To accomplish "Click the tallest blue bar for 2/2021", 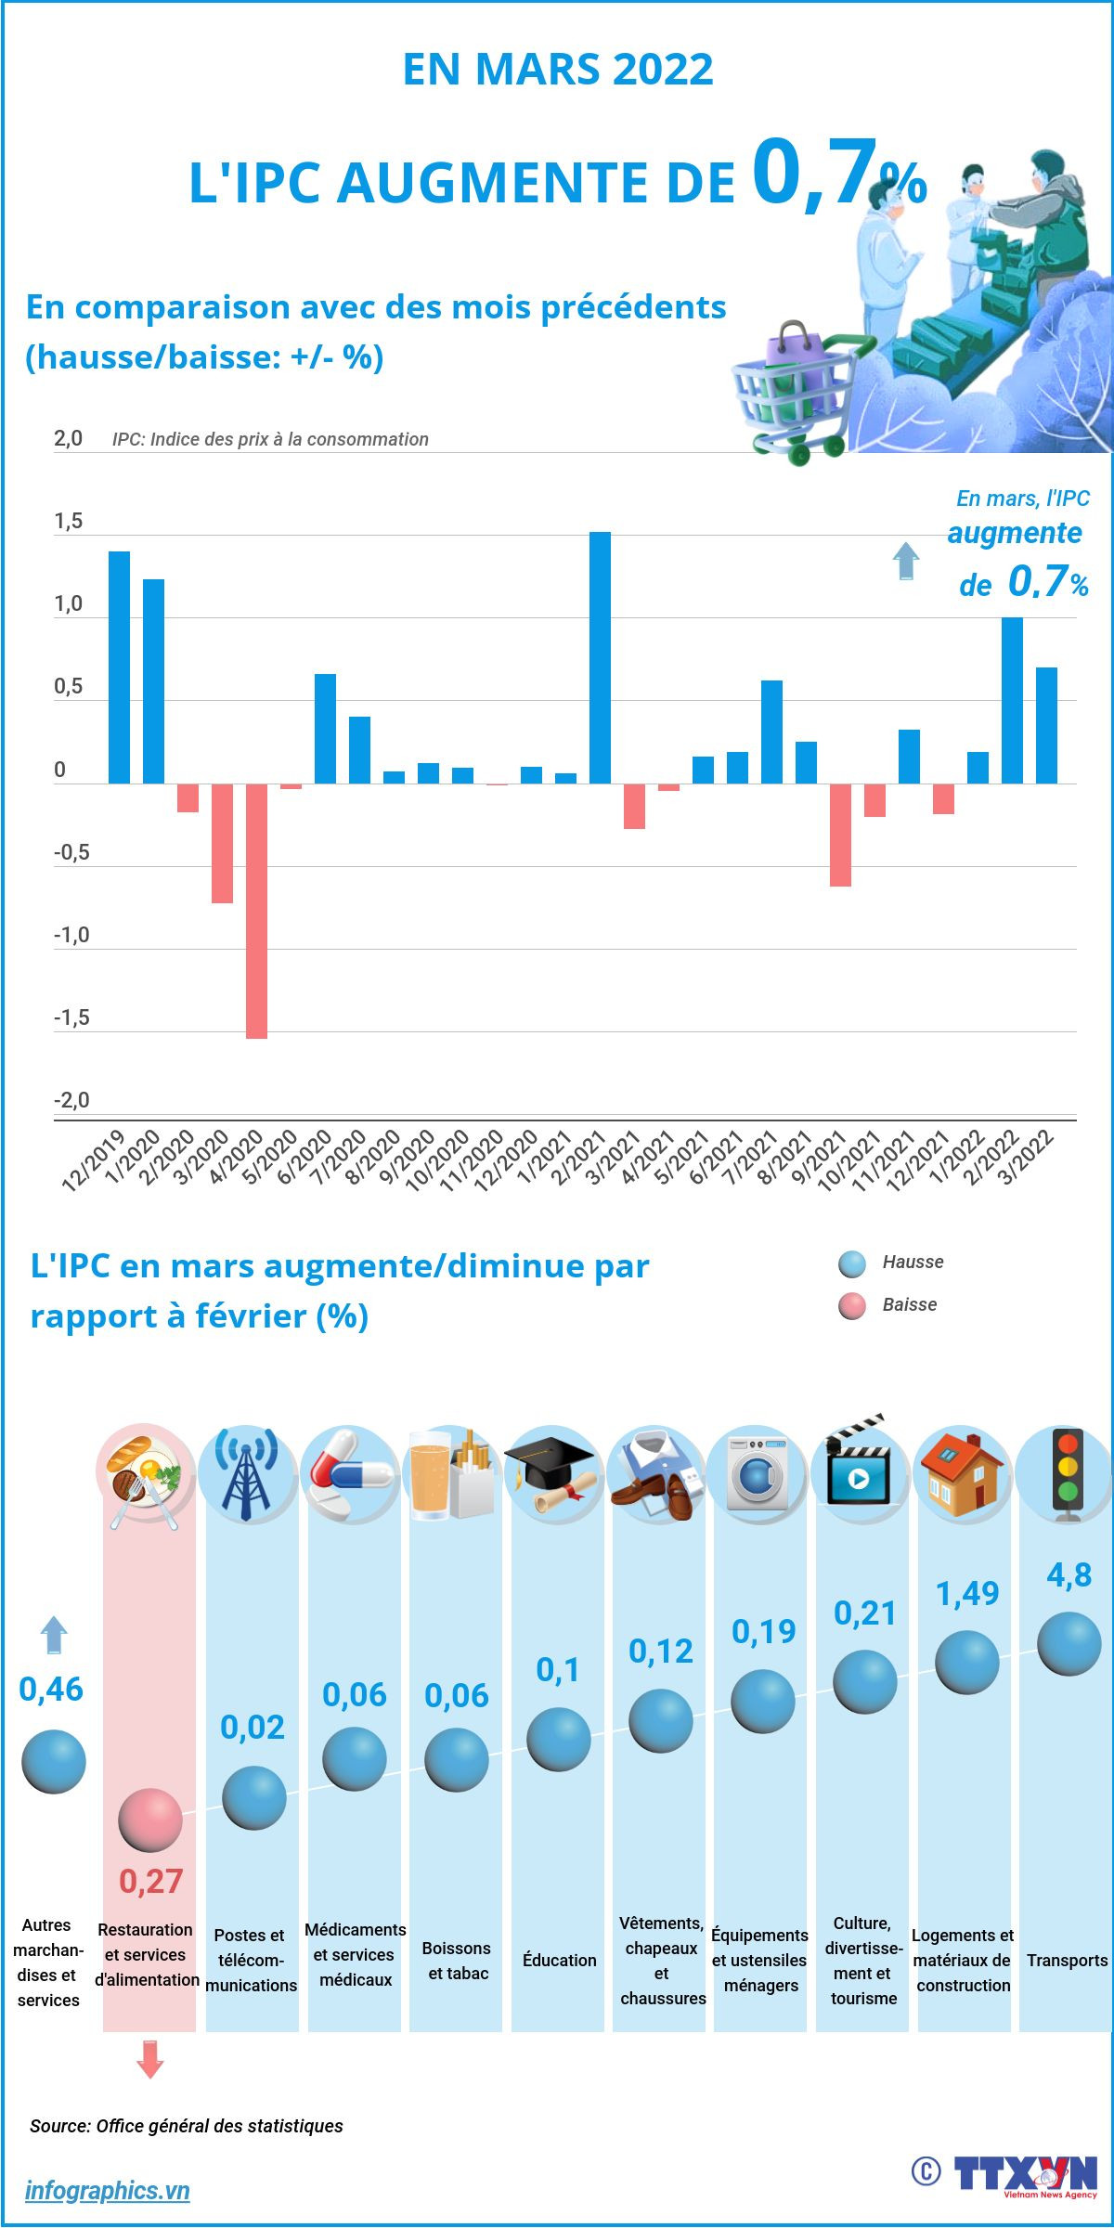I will pyautogui.click(x=600, y=657).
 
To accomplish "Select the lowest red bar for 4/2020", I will pyautogui.click(x=256, y=910).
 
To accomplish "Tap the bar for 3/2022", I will pyautogui.click(x=1046, y=725).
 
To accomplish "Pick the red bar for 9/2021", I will pyautogui.click(x=840, y=835).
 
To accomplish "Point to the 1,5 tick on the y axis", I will pyautogui.click(x=68, y=522).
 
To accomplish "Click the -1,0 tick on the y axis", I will pyautogui.click(x=71, y=935).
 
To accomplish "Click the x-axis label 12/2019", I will pyautogui.click(x=94, y=1159).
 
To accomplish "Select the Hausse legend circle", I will pyautogui.click(x=851, y=1263).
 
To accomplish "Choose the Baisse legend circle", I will pyautogui.click(x=851, y=1306).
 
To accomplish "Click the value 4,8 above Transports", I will pyautogui.click(x=1069, y=1575).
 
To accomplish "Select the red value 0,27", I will pyautogui.click(x=150, y=1882).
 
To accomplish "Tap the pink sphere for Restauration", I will pyautogui.click(x=150, y=1820).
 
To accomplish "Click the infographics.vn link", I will pyautogui.click(x=107, y=2191).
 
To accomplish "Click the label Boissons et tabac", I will pyautogui.click(x=457, y=1961).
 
